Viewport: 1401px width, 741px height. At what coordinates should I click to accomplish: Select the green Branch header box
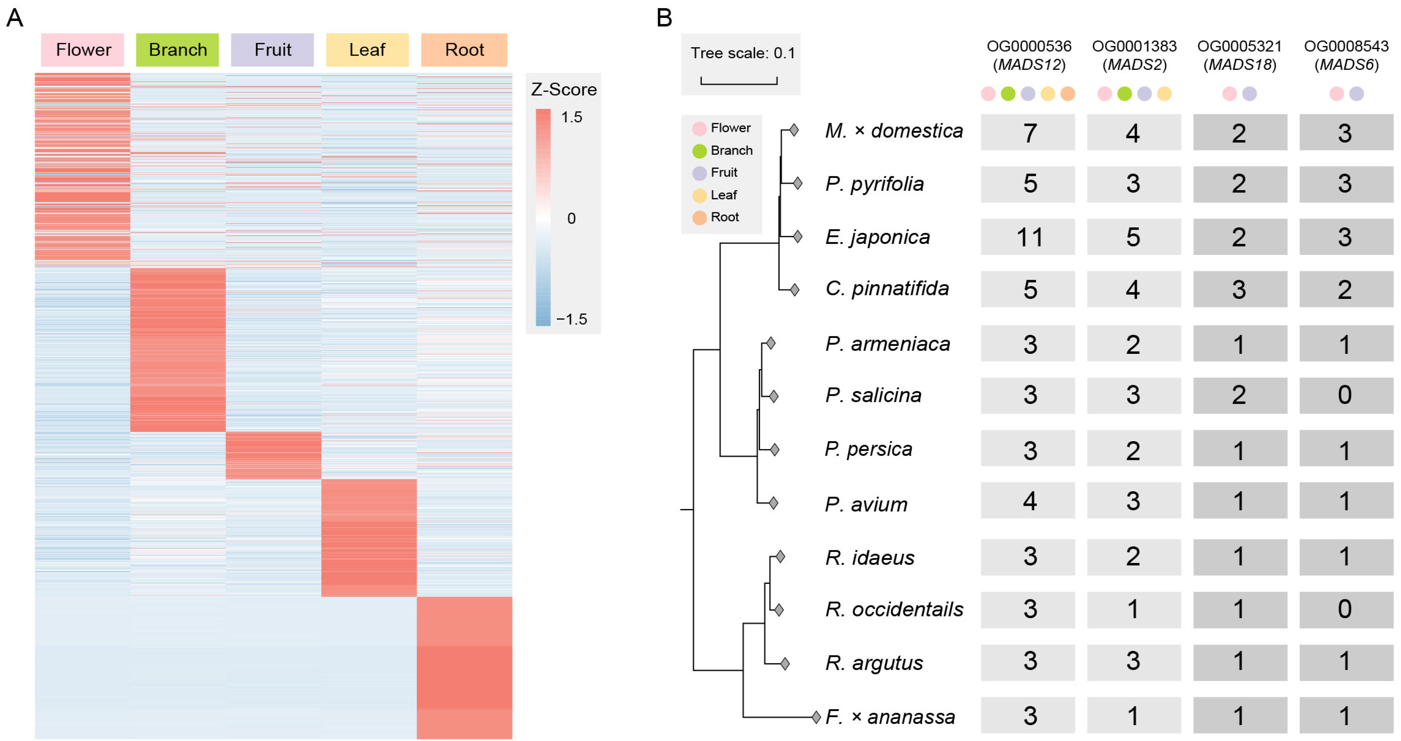(x=177, y=50)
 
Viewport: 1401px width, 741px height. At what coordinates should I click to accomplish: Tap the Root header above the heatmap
(x=464, y=50)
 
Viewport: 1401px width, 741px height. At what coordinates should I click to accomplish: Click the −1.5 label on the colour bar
(x=571, y=319)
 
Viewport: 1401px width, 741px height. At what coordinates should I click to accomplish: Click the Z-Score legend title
(x=563, y=89)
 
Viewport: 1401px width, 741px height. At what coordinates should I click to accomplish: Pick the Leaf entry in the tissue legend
(x=723, y=195)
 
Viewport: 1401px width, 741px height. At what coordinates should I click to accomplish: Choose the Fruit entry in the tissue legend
(x=723, y=172)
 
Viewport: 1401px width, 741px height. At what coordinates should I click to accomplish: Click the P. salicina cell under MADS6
(x=1346, y=395)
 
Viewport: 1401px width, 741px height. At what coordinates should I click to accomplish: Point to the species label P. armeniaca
(x=887, y=343)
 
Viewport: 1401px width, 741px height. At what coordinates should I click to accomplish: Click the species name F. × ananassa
(x=890, y=716)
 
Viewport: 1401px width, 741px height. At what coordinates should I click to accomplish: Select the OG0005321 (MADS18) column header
(x=1240, y=55)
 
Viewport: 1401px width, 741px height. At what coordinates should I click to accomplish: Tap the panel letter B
(x=664, y=18)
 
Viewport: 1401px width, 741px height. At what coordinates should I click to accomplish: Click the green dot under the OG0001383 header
(x=1124, y=93)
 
